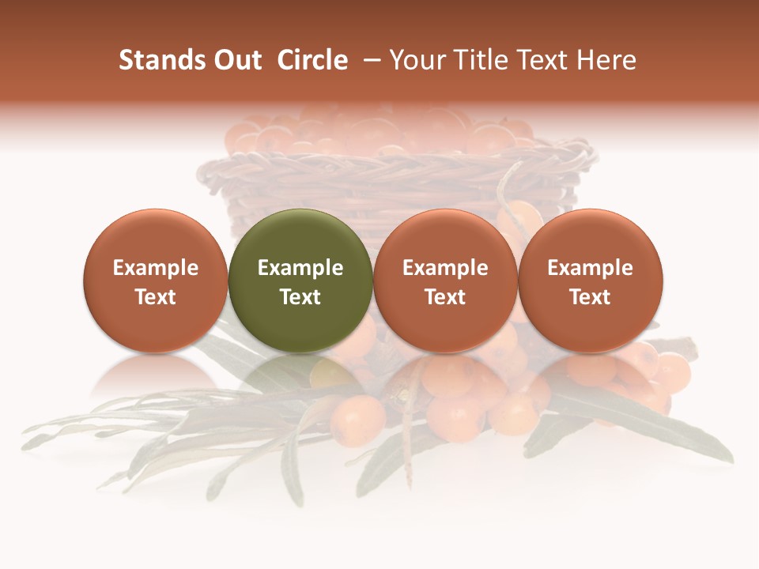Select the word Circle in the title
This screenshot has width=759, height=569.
point(312,60)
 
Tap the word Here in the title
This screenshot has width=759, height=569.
point(606,60)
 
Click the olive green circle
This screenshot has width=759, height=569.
point(300,237)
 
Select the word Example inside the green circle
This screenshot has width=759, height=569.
point(300,268)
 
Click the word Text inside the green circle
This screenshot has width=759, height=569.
point(300,297)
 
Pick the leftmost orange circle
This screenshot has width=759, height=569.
point(155,237)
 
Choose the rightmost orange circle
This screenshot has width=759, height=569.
point(591,237)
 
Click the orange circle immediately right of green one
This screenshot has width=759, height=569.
point(445,237)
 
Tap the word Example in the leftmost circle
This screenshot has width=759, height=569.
point(155,268)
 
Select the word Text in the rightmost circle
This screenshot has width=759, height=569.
point(591,297)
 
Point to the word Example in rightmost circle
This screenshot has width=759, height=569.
point(591,268)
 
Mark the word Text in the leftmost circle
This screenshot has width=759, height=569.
point(155,297)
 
